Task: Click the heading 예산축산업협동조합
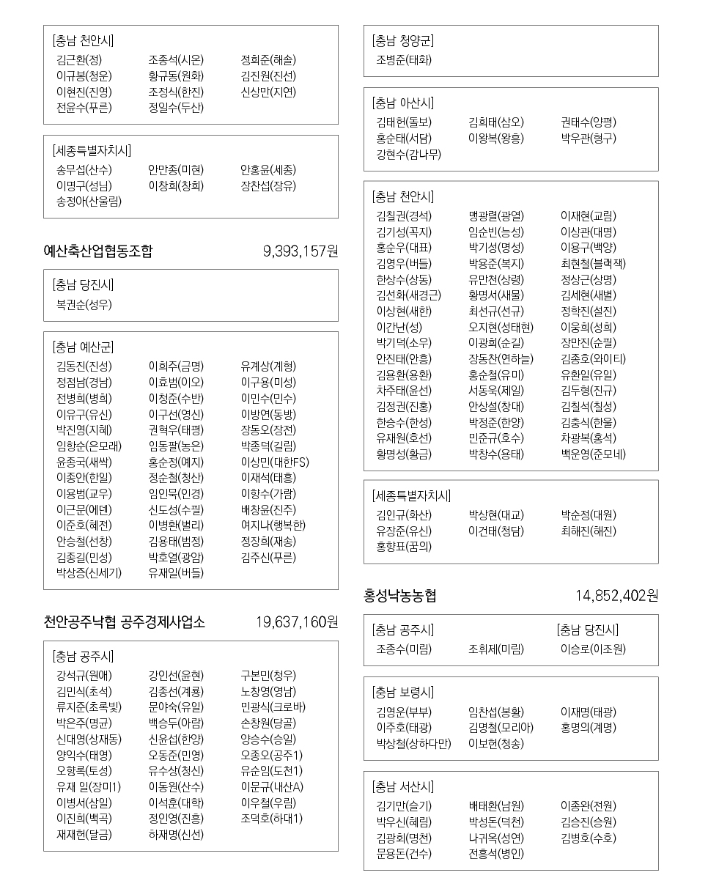(98, 251)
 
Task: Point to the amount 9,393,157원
(300, 251)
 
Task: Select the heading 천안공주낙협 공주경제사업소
(124, 622)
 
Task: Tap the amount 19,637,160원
(297, 622)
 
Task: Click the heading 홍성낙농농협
(400, 595)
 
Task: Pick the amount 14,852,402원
(616, 595)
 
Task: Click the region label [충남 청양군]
(402, 41)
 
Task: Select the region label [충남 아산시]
(402, 103)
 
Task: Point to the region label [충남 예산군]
(83, 347)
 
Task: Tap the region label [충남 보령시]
(402, 692)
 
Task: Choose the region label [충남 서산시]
(402, 787)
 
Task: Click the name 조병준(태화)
(404, 60)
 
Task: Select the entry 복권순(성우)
(84, 304)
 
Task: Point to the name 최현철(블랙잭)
(593, 263)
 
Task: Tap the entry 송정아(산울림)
(89, 202)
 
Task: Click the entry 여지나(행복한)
(273, 525)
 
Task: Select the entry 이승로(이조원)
(593, 649)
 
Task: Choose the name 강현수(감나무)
(409, 154)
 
